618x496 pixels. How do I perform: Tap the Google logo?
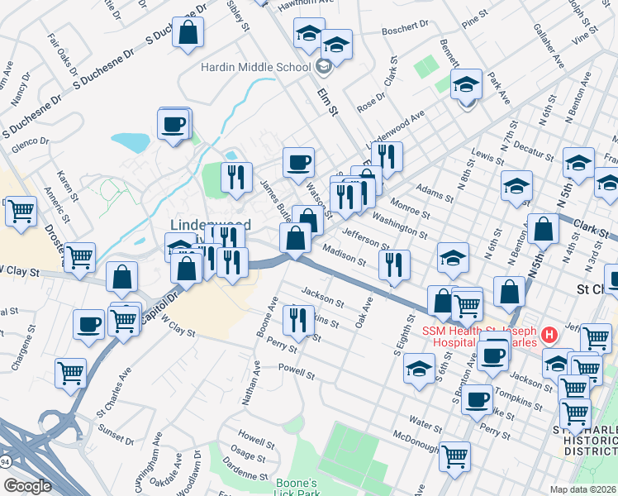point(27,486)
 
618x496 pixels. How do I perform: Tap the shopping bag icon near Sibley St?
point(188,33)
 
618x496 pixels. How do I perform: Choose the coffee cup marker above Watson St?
point(298,162)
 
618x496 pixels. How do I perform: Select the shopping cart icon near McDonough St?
point(454,455)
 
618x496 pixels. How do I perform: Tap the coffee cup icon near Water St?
point(477,401)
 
